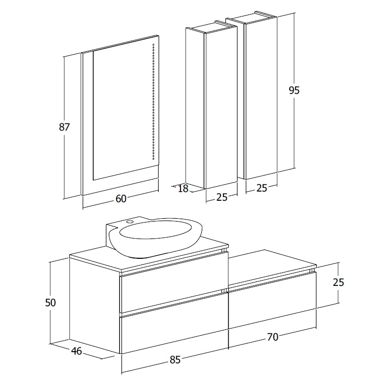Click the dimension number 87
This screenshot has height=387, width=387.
point(64,127)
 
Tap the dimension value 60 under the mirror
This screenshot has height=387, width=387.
point(121,198)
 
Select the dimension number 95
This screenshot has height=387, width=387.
point(294,90)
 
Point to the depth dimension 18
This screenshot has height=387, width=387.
point(183,189)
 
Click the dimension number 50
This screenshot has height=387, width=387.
point(50,302)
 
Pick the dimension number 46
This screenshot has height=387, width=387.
point(76,351)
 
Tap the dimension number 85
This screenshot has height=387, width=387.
point(175,360)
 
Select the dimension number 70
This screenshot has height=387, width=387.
point(272,337)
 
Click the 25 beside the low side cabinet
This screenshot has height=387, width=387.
point(338,282)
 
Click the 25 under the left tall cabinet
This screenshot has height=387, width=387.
point(222,197)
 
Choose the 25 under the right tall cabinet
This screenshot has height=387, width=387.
point(262,188)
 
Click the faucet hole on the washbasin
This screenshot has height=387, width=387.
point(130,222)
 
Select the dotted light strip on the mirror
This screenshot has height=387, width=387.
point(153,102)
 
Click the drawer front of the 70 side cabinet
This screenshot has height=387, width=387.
point(272,300)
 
